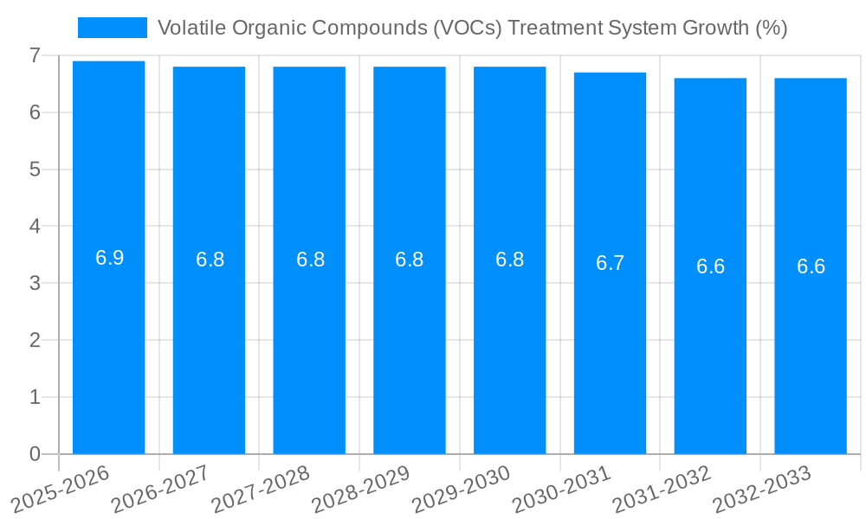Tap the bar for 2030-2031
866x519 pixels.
(x=610, y=346)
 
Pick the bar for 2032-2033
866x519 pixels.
(x=811, y=346)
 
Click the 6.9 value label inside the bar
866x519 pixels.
(x=109, y=258)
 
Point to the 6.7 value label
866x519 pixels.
(x=610, y=264)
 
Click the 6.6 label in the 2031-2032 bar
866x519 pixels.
(x=710, y=266)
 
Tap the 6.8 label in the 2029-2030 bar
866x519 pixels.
(x=509, y=259)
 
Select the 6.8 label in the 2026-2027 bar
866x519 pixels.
(x=210, y=259)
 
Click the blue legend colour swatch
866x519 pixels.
(x=113, y=28)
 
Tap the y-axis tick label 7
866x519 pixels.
(x=35, y=55)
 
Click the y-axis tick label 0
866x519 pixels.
(x=35, y=454)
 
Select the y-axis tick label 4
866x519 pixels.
(x=35, y=227)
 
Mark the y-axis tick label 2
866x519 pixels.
(x=35, y=341)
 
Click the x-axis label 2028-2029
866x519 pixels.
(x=360, y=489)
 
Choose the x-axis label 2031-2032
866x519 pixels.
(x=662, y=489)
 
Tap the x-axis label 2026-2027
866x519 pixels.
(x=159, y=489)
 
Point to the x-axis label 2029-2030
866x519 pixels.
(x=461, y=489)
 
